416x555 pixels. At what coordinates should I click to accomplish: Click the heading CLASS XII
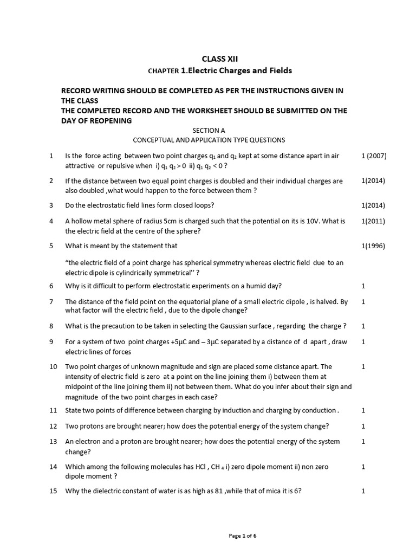pyautogui.click(x=219, y=59)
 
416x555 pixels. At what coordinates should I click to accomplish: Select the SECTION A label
pyautogui.click(x=209, y=131)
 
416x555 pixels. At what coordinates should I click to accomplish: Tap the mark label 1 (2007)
pyautogui.click(x=374, y=156)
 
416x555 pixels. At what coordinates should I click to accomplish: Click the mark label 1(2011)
pyautogui.click(x=373, y=221)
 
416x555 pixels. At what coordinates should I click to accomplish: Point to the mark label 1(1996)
pyautogui.click(x=373, y=246)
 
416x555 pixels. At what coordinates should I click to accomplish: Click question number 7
pyautogui.click(x=51, y=301)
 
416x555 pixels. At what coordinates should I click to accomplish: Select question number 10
pyautogui.click(x=53, y=366)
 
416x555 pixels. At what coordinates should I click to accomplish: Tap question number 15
pyautogui.click(x=53, y=491)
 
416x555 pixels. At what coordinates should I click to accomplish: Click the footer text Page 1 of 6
pyautogui.click(x=243, y=536)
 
